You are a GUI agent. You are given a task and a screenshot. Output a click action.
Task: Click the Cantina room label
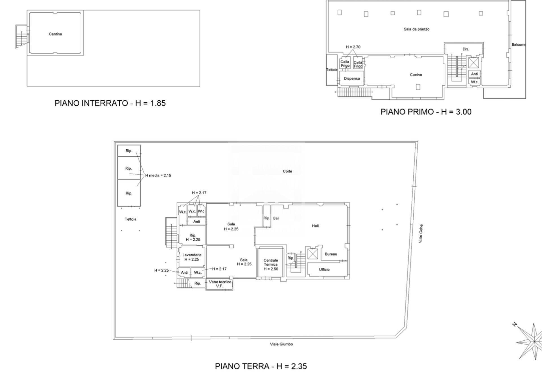point(55,34)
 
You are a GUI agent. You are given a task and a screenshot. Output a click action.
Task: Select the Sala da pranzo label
point(416,29)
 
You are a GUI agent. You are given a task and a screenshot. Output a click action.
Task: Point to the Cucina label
point(416,75)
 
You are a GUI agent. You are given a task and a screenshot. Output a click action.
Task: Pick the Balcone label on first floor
point(518,45)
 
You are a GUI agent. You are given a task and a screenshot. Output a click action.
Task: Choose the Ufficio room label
point(324,270)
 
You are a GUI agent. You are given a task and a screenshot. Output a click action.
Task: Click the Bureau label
point(331,254)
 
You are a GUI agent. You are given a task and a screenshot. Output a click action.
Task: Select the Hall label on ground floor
point(315,226)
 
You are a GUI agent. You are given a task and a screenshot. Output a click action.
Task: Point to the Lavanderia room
point(192,257)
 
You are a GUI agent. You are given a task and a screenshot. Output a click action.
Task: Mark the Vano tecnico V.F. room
point(220,284)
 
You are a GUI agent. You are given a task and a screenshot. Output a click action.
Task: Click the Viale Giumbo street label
point(281,344)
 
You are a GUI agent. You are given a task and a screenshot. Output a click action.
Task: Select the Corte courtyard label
point(287,171)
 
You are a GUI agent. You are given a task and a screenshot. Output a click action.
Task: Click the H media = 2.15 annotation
point(158,175)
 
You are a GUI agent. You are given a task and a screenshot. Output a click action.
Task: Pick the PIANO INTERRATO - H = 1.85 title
point(110,103)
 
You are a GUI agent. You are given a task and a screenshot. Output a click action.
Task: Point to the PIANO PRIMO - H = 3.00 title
point(426,112)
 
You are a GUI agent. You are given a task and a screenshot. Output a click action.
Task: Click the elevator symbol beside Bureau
point(312,254)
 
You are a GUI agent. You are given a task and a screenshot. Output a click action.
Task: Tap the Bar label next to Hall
point(276,218)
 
